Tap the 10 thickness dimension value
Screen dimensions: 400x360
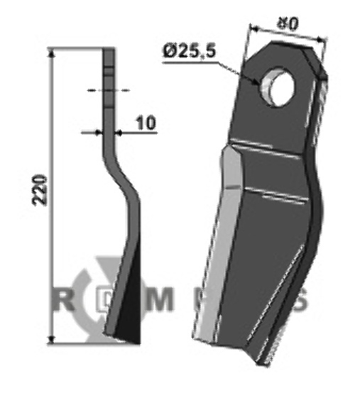pyautogui.click(x=144, y=123)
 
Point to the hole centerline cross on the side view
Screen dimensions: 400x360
pyautogui.click(x=109, y=91)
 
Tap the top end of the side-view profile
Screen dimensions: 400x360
pyautogui.click(x=109, y=50)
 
